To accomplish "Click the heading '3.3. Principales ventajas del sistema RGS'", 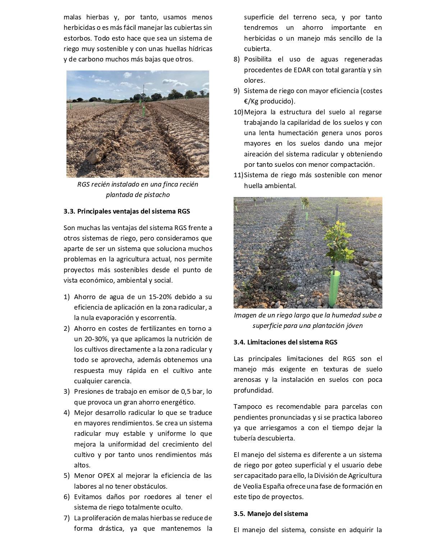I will [127, 211].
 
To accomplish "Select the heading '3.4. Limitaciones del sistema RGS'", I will [285, 342].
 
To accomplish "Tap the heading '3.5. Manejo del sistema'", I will [271, 514].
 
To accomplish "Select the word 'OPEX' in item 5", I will [106, 476].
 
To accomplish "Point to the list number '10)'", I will [238, 112].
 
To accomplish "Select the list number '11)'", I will [238, 175].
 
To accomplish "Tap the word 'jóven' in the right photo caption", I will [353, 326].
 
